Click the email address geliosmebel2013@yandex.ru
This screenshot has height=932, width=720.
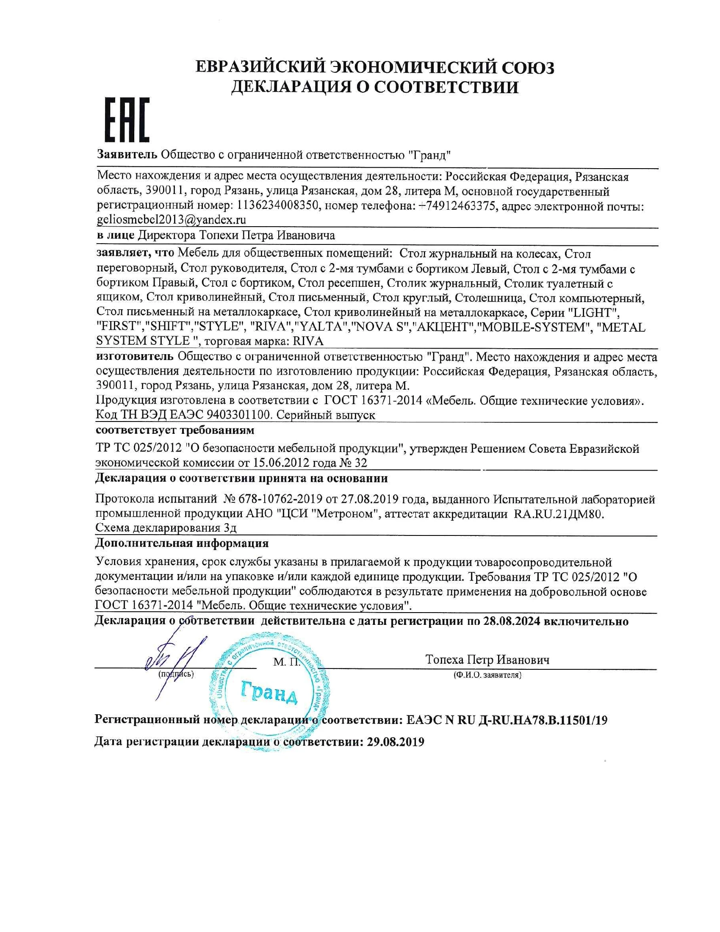(x=172, y=220)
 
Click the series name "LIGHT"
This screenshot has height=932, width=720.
(x=594, y=312)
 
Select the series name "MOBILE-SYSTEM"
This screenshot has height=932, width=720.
(x=533, y=327)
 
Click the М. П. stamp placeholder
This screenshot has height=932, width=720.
(x=287, y=662)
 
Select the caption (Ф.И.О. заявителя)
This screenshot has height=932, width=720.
(x=487, y=675)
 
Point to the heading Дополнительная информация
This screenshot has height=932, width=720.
(x=182, y=543)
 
